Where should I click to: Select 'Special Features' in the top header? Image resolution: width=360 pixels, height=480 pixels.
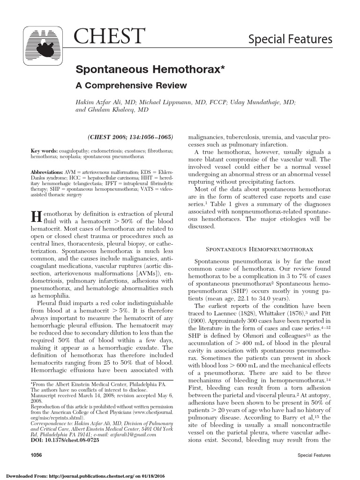click(290, 39)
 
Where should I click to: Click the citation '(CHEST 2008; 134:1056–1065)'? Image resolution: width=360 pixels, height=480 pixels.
click(131, 137)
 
